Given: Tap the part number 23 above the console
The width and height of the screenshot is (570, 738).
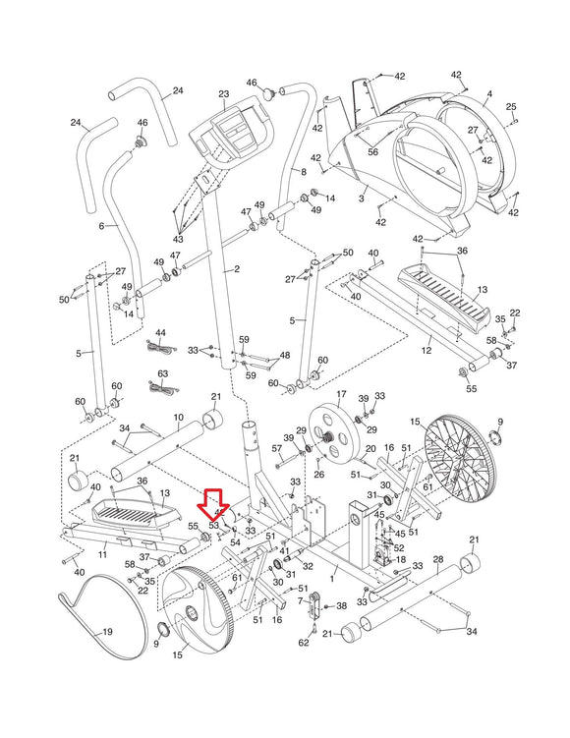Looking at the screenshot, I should click(223, 94).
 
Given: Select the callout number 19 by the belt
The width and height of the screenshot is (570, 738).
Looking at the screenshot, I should click(107, 632).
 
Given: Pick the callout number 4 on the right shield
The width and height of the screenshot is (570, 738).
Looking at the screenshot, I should click(488, 94).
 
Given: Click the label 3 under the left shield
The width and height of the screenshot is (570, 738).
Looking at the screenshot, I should click(361, 199).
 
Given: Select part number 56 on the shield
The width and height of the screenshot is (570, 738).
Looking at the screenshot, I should click(372, 151).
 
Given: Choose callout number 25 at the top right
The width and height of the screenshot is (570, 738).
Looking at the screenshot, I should click(510, 106).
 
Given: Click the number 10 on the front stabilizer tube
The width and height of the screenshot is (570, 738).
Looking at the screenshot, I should click(178, 418).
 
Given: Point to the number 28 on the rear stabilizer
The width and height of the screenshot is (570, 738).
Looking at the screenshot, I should click(437, 558).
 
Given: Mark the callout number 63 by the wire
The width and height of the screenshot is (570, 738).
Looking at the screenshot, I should click(163, 373).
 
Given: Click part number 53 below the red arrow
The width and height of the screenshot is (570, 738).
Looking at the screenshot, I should click(213, 526).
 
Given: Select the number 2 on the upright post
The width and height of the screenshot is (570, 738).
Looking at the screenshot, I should click(236, 268).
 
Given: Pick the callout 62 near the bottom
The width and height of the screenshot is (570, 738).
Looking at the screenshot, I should click(304, 643).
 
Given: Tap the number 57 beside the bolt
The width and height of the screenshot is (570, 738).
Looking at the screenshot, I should click(278, 448).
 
